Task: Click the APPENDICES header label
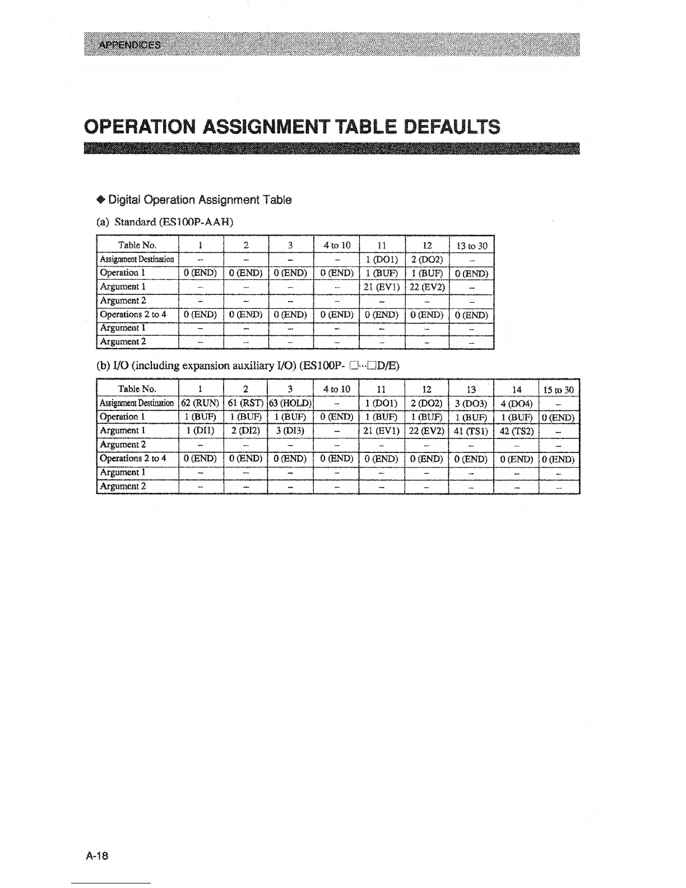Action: tap(129, 45)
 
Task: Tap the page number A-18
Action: tap(97, 855)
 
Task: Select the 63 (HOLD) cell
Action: tap(290, 403)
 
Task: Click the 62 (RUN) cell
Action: tap(201, 403)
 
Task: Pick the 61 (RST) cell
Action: tap(245, 403)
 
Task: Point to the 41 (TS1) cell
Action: tap(471, 431)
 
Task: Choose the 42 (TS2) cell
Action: tap(516, 431)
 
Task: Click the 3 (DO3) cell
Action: tap(471, 403)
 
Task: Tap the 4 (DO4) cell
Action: tap(516, 403)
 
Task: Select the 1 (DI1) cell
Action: tap(201, 431)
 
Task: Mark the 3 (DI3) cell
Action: tap(290, 431)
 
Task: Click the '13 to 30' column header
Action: tap(471, 246)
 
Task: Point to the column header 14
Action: tap(516, 390)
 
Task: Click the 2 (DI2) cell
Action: tap(245, 431)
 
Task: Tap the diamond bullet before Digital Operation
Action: tap(101, 200)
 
